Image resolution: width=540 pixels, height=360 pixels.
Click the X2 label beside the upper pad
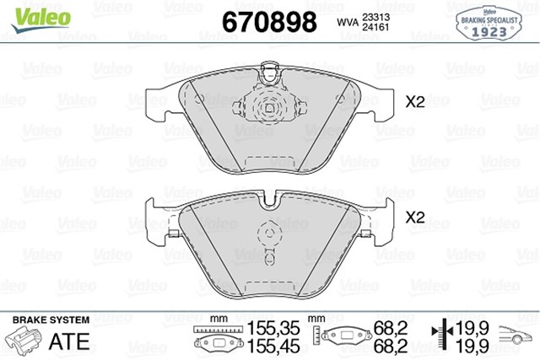(414, 102)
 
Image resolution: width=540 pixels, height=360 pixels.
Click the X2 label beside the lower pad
(414, 217)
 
